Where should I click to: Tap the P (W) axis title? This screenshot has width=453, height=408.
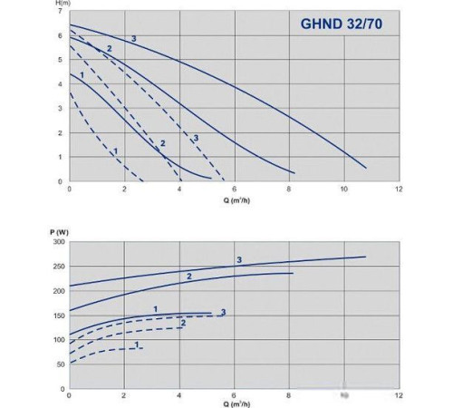pos(57,233)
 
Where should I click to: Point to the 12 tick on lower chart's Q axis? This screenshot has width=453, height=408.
pos(399,396)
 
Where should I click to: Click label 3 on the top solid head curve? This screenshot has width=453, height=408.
pos(133,37)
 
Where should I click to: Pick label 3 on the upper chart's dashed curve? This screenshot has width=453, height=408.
pos(196,137)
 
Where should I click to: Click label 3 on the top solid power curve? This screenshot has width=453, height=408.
pos(238,260)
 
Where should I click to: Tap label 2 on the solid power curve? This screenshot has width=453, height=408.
pos(189,276)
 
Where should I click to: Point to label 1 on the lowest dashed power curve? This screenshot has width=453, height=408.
pos(136,344)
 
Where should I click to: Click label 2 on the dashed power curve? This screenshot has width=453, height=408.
pos(183,323)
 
